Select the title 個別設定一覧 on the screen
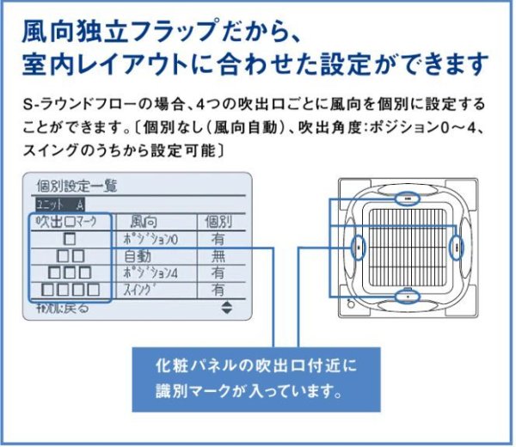pos(77,186)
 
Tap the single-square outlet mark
pos(69,238)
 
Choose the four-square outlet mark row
pos(70,290)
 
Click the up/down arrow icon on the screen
pos(226,307)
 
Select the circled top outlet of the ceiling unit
pos(403,197)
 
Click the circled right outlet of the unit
pos(457,247)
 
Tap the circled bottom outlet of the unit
pos(404,297)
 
